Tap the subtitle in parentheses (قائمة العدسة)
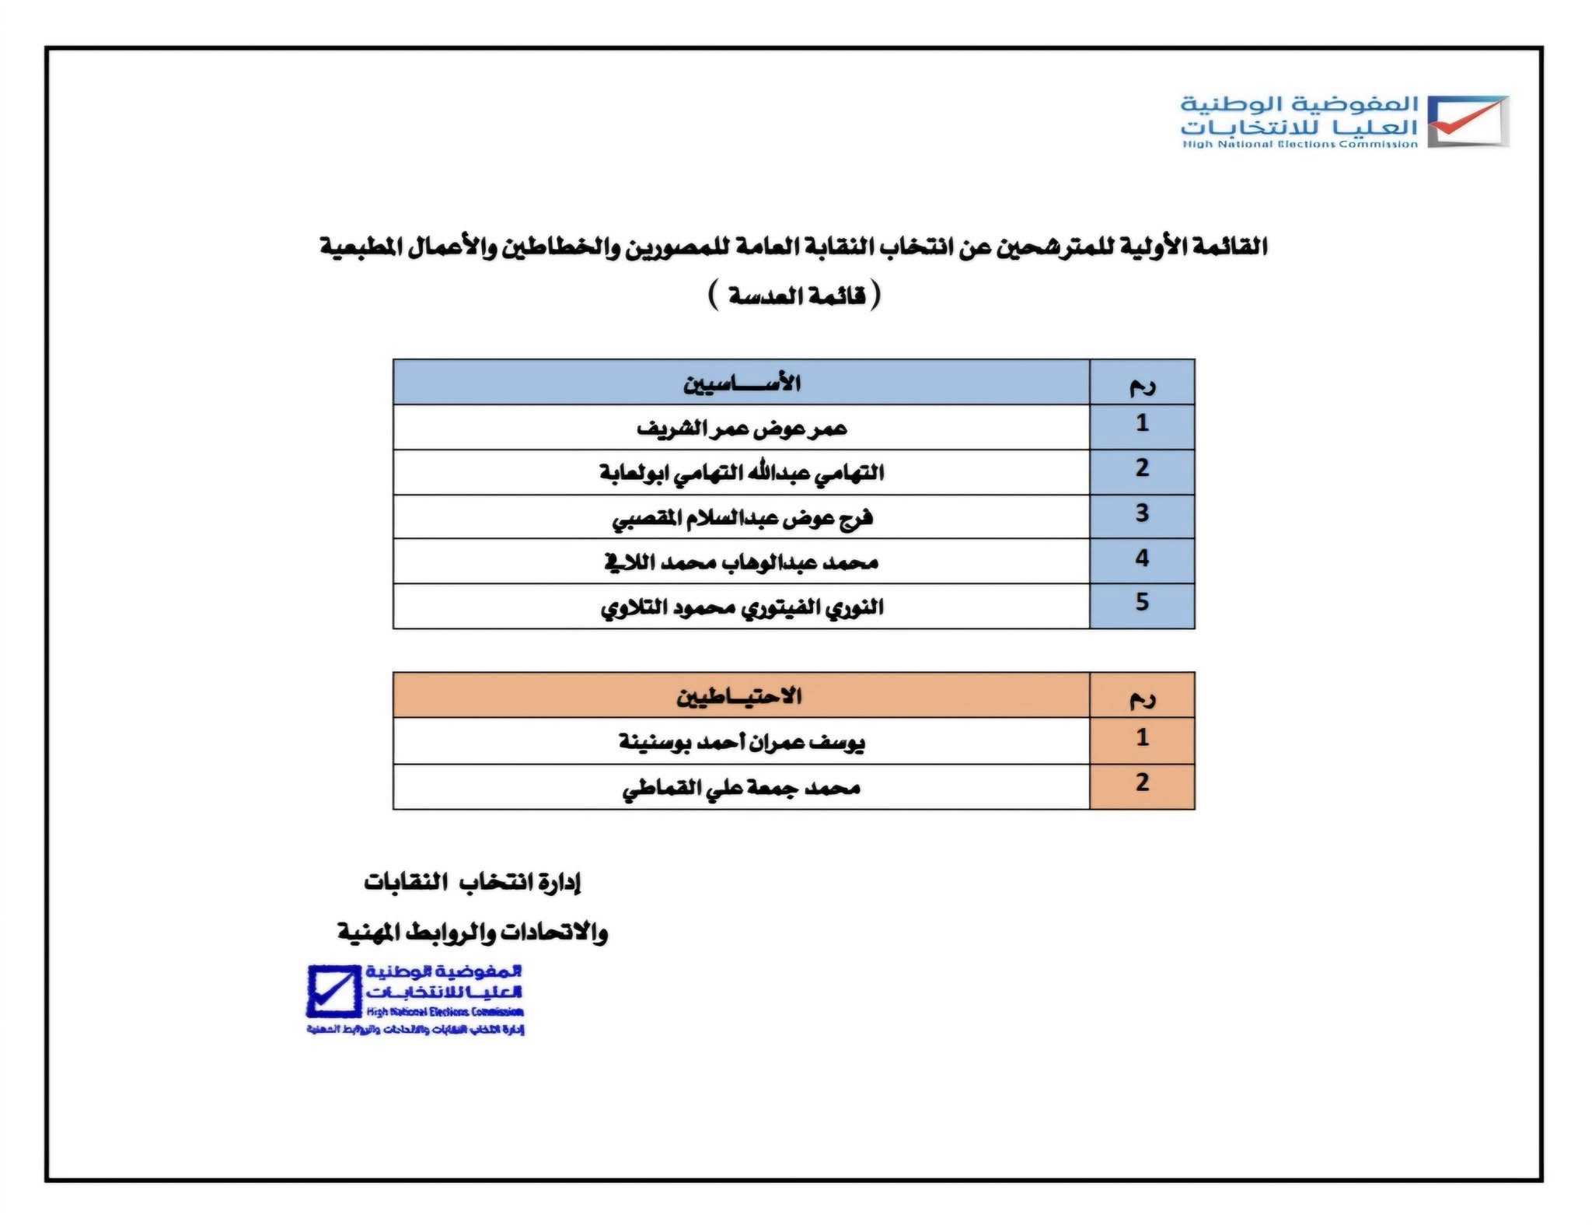coord(795,296)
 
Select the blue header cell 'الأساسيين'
coord(742,383)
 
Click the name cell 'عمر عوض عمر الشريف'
coord(742,428)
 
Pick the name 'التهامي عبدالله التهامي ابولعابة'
coord(742,472)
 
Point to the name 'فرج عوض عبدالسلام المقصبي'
coord(742,517)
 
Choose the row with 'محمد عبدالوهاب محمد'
coord(742,562)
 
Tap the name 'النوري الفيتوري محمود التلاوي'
coord(742,607)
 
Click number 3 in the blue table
coord(1142,513)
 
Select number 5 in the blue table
coord(1142,602)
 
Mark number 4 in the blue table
coord(1142,558)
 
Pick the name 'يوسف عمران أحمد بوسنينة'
coord(742,741)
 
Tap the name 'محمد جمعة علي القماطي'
coord(742,788)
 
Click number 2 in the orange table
coord(1142,782)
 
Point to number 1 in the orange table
coord(1142,737)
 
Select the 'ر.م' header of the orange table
coord(1142,698)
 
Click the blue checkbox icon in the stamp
coord(333,991)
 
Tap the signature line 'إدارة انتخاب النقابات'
coord(473,882)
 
